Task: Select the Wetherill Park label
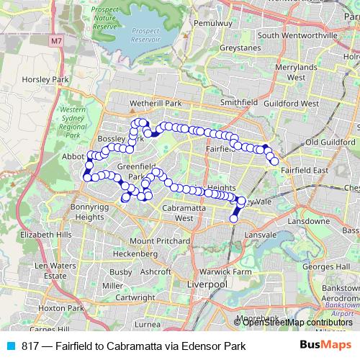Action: click(154, 104)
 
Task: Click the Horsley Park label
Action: click(45, 79)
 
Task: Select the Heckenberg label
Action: click(130, 253)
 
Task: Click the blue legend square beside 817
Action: click(14, 346)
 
